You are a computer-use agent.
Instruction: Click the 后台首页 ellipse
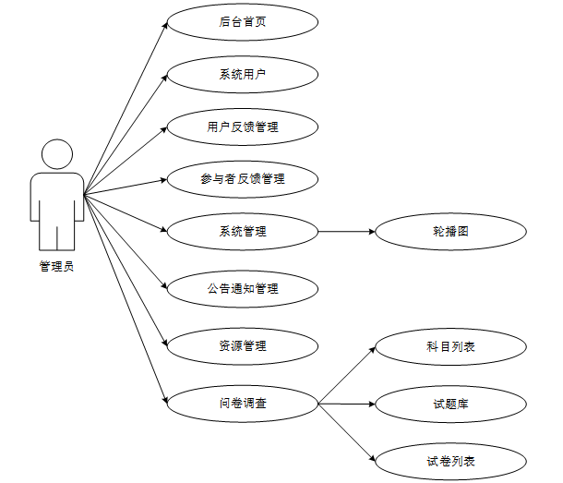[x=243, y=22]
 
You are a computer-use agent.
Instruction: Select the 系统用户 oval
[x=243, y=75]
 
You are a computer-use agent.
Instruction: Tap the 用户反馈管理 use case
[x=243, y=127]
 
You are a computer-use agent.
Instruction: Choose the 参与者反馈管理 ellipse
[x=243, y=179]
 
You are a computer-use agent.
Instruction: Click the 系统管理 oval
[x=243, y=231]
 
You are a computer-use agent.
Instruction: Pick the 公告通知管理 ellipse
[x=243, y=289]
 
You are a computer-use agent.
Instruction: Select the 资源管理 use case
[x=243, y=346]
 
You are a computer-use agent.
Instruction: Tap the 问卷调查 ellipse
[x=243, y=403]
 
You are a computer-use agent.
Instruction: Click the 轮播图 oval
[x=450, y=231]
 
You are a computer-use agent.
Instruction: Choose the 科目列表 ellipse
[x=450, y=347]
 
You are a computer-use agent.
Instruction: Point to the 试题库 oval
[x=450, y=404]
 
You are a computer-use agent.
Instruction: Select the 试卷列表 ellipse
[x=450, y=460]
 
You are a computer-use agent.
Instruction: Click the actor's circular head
[x=57, y=155]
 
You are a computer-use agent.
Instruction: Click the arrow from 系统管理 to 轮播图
[x=346, y=231]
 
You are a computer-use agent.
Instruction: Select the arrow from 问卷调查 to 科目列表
[x=346, y=376]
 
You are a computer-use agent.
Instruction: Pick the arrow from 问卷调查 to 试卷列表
[x=346, y=431]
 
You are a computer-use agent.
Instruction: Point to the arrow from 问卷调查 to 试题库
[x=346, y=404]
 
